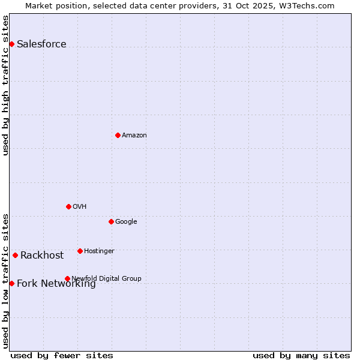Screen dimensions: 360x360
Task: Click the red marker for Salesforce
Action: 11,44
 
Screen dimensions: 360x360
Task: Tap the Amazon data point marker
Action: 118,135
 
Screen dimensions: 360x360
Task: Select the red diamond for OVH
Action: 68,206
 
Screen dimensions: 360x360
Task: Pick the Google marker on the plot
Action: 111,221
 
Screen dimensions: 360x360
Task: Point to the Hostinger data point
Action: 80,251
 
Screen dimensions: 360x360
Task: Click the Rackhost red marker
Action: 15,255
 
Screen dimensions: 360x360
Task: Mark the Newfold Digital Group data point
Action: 67,278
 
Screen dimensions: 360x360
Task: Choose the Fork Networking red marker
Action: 11,283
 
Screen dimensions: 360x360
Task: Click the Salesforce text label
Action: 41,44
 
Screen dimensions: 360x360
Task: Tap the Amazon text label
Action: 134,135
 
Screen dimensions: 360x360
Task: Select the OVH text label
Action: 79,206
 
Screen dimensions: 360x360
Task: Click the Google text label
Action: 126,221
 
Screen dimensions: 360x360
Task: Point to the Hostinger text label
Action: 99,251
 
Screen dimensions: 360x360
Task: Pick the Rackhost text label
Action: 42,255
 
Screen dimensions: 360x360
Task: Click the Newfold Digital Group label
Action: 106,278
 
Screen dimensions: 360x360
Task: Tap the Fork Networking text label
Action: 56,284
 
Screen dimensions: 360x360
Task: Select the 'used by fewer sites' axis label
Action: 62,355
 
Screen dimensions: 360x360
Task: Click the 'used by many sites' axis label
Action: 301,355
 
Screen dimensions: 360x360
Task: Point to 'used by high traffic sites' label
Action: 5,85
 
